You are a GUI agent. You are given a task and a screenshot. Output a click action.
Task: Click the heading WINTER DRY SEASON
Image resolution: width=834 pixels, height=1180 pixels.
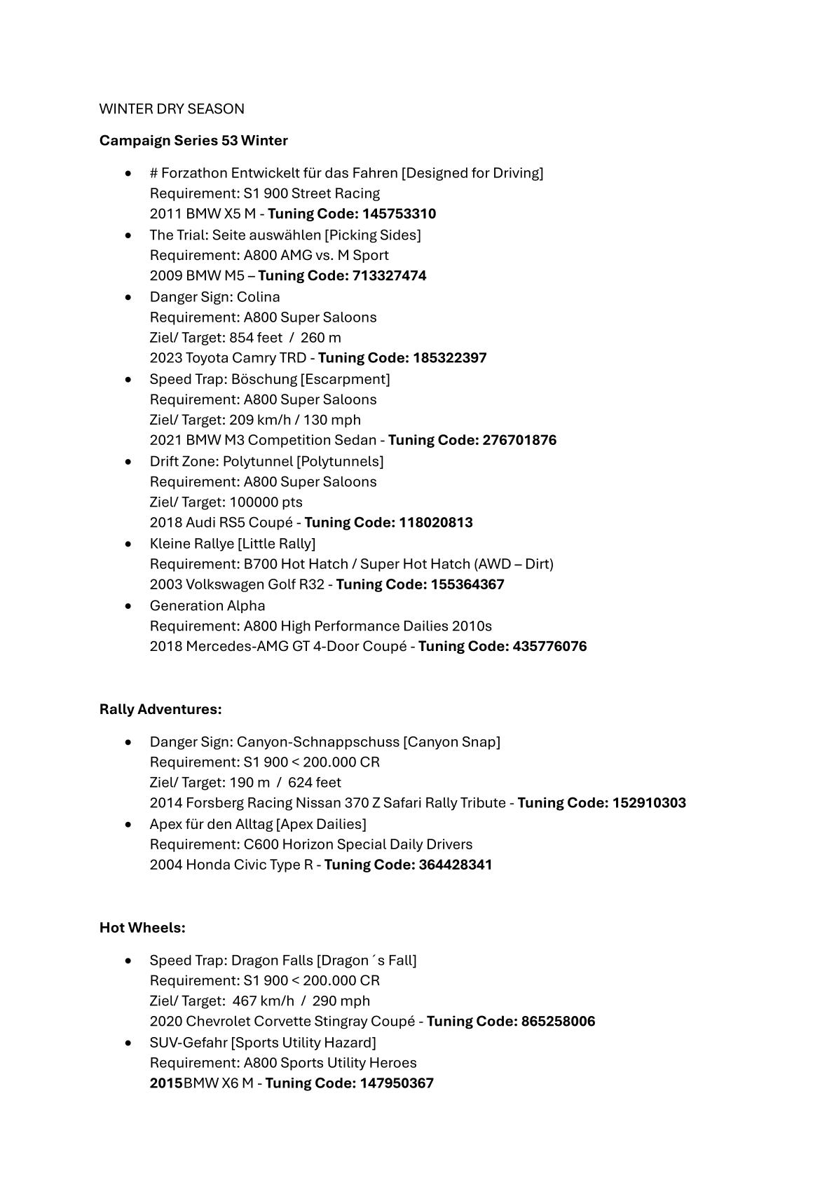[172, 109]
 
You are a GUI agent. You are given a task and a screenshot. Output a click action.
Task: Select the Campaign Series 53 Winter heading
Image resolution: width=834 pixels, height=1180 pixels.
[193, 140]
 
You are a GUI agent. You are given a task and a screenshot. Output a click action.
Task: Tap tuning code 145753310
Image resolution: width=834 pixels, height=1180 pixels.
[399, 214]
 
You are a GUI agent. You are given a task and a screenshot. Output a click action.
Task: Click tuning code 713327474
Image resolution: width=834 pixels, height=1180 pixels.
[389, 275]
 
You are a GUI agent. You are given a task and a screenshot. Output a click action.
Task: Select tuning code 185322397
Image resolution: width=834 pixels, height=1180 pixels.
[449, 358]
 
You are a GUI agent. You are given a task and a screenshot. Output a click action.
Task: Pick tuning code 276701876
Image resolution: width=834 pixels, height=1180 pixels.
[519, 440]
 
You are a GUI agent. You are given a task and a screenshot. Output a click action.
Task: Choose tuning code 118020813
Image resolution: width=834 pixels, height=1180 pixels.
[435, 523]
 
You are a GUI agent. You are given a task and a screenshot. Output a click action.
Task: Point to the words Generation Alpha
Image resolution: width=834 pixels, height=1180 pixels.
[207, 605]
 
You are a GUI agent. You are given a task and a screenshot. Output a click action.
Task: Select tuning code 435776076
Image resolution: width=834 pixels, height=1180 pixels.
[549, 646]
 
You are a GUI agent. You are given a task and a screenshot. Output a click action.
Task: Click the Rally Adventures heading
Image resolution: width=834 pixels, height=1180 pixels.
[160, 709]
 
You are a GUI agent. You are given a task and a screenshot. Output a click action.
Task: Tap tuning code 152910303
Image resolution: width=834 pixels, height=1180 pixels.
[649, 803]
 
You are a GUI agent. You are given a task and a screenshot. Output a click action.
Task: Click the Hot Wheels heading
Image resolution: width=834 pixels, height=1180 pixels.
[142, 928]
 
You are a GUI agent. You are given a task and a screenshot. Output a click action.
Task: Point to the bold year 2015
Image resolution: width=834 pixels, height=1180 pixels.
[166, 1083]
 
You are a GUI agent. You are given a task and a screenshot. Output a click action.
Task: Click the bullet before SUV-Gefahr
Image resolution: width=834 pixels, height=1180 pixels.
[128, 1043]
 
